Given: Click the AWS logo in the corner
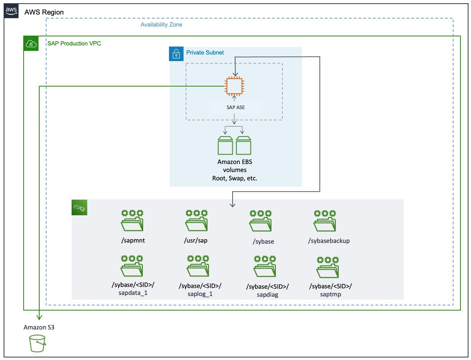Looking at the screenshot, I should (x=11, y=11).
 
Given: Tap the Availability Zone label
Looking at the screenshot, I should (x=161, y=25).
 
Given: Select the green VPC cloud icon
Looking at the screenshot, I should (x=31, y=44).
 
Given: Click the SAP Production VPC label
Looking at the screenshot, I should (x=74, y=44).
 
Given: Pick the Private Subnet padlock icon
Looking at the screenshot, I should (x=176, y=54).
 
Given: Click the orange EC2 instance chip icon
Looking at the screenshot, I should (x=234, y=86).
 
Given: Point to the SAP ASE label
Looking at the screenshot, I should (x=235, y=107).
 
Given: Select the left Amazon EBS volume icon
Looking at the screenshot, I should (x=225, y=145).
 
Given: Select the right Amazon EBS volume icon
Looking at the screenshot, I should (x=243, y=145).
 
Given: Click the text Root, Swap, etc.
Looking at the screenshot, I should (x=235, y=178).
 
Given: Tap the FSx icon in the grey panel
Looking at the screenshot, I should (x=79, y=208).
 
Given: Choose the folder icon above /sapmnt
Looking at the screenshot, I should (x=132, y=220).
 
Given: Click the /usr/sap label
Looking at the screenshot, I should (x=196, y=240).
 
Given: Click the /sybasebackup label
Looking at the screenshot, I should (x=329, y=241).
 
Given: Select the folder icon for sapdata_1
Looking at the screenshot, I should (x=132, y=266).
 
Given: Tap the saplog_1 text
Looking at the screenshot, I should (x=200, y=294).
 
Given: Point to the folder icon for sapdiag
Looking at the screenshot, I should (x=265, y=266).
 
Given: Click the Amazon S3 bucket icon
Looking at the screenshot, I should (x=37, y=343).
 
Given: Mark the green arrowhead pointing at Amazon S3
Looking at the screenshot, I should (x=39, y=317).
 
